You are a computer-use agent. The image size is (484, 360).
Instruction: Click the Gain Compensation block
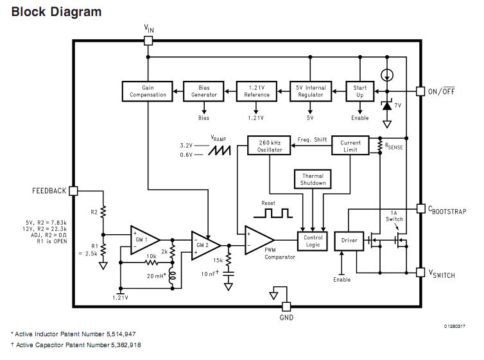click(x=148, y=90)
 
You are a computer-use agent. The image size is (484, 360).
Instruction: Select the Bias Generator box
click(x=204, y=90)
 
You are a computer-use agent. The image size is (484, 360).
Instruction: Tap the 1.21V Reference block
click(x=256, y=90)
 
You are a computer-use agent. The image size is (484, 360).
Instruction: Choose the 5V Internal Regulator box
click(x=310, y=90)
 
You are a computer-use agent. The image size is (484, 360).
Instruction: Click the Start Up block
click(x=360, y=90)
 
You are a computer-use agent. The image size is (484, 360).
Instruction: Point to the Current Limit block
click(x=350, y=146)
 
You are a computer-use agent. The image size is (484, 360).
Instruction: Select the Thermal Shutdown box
click(x=313, y=179)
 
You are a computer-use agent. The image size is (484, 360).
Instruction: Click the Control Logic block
click(x=313, y=241)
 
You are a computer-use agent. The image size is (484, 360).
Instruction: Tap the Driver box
click(x=349, y=241)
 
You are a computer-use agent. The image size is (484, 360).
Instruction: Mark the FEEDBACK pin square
click(x=73, y=191)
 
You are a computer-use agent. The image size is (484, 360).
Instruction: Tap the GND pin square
click(x=286, y=306)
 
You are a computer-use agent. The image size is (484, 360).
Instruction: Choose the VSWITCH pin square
click(x=420, y=272)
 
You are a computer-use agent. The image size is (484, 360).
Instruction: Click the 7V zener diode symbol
click(x=386, y=105)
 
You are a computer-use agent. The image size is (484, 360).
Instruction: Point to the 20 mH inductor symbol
click(x=172, y=277)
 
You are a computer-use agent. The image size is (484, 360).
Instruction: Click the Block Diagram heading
click(x=56, y=12)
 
